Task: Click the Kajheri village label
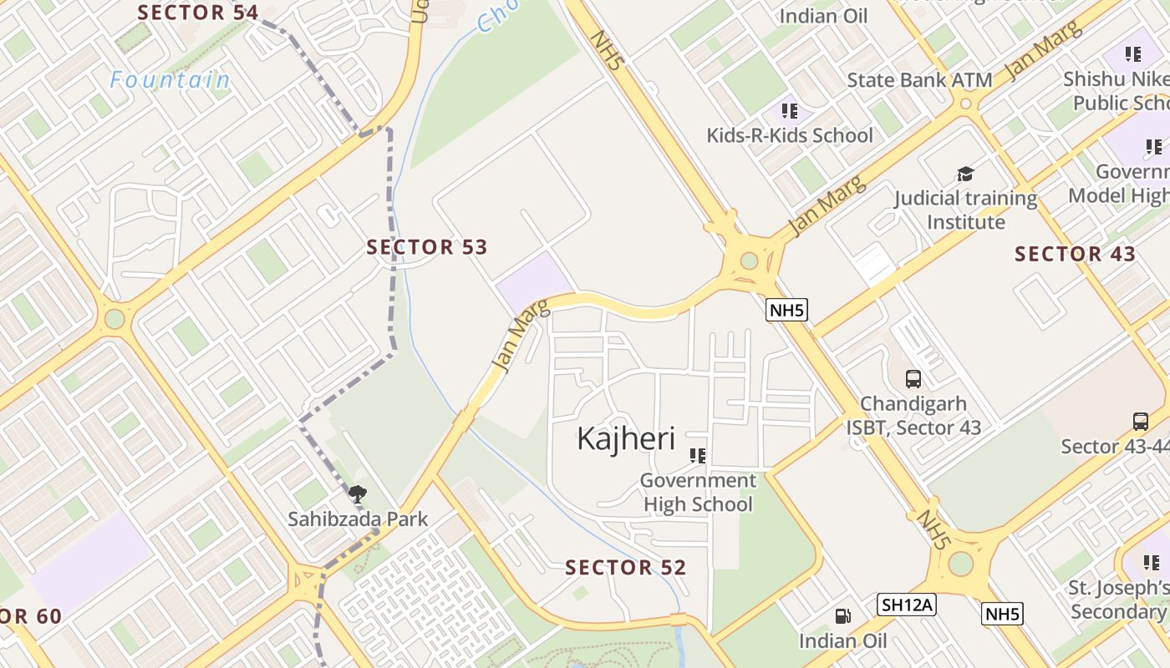625,438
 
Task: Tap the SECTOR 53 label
427,247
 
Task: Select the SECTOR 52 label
625,568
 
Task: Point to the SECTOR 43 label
1075,254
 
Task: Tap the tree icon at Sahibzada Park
357,493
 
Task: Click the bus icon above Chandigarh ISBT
913,379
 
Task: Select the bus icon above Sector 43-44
1141,421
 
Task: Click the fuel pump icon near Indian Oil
843,616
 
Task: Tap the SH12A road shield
907,605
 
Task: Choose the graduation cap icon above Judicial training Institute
965,174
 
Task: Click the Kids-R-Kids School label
789,135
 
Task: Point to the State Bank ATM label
919,80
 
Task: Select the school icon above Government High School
698,456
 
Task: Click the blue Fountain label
170,80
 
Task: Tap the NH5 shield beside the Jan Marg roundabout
786,311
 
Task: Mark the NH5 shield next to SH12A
1002,615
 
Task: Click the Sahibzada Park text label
358,519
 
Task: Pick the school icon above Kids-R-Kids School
789,110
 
